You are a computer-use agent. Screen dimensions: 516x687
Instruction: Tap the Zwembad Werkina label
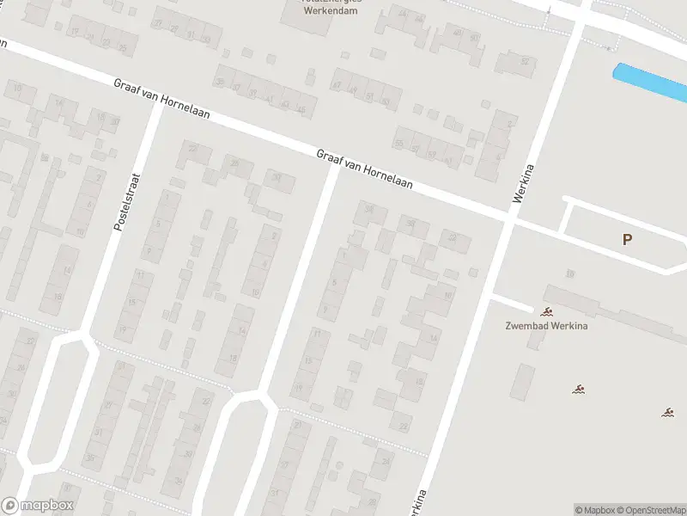(544, 326)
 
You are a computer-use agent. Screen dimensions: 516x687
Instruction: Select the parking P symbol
(627, 240)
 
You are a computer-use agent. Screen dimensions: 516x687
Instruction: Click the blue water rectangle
(649, 83)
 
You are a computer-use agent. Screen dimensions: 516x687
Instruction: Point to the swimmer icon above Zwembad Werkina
(545, 311)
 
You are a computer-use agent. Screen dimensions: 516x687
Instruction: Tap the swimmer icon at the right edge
(667, 412)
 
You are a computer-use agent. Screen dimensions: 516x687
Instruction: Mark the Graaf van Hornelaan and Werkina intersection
(508, 221)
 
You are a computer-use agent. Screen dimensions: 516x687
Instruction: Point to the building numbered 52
(525, 62)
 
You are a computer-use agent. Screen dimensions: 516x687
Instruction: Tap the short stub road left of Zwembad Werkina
(512, 303)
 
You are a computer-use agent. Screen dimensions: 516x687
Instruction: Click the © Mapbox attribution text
(593, 510)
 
